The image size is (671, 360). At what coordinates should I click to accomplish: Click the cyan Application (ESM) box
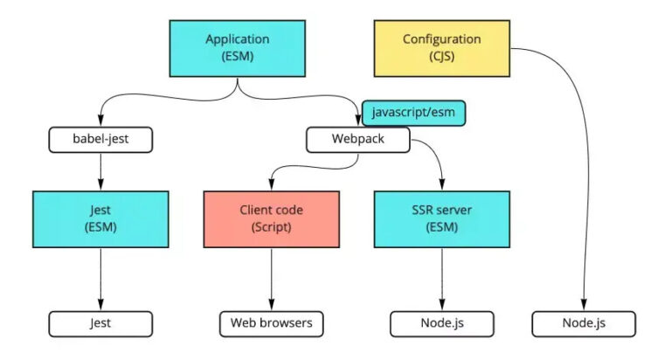(x=237, y=48)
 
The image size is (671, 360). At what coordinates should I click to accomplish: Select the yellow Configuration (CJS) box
(x=441, y=48)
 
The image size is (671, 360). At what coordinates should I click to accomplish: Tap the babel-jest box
(x=100, y=139)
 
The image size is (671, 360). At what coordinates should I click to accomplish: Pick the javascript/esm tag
(x=413, y=113)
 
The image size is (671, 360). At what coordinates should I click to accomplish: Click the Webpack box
(x=356, y=139)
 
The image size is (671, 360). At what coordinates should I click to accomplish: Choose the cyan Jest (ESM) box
(x=100, y=219)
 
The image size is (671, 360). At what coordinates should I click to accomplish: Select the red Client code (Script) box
(x=271, y=219)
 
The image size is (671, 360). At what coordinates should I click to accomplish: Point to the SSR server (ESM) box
(x=441, y=219)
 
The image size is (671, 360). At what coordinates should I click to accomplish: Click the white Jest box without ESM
(x=100, y=323)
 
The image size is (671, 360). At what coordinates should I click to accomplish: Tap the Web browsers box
(x=271, y=323)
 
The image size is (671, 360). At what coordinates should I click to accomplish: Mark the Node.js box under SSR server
(x=441, y=323)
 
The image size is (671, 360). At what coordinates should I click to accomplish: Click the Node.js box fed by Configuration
(x=584, y=323)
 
